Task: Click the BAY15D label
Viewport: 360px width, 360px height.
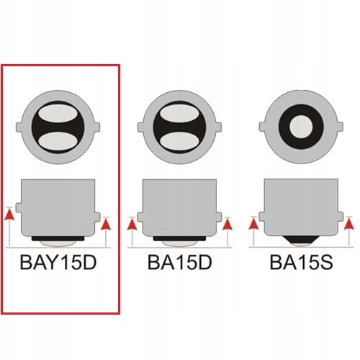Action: point(58,262)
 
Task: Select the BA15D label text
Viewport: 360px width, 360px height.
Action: point(180,262)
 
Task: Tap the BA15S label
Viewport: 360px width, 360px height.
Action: point(302,262)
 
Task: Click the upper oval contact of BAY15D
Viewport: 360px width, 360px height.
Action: point(58,114)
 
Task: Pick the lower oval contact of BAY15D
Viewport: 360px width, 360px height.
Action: point(58,142)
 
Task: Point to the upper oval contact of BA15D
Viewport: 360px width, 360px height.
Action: point(179,114)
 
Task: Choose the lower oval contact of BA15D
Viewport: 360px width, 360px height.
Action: point(179,142)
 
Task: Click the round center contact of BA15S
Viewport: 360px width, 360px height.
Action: point(301,127)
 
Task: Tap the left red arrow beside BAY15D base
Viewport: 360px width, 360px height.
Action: point(9,227)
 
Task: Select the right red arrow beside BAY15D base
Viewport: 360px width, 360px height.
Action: point(106,232)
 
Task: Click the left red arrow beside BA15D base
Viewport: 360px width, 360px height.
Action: point(132,232)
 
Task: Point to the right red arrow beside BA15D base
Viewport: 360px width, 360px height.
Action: point(228,232)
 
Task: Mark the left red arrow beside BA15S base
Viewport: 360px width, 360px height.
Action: point(253,232)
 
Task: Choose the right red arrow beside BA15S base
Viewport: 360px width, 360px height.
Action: point(349,232)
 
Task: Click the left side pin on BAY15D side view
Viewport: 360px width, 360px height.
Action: point(19,207)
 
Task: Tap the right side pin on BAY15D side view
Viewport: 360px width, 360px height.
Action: point(97,217)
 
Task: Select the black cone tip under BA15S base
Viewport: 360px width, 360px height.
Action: point(301,240)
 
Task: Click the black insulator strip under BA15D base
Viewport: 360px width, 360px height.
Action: point(179,238)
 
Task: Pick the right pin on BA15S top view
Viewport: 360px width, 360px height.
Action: point(341,127)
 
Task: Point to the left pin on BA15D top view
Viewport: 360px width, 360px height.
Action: point(140,127)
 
